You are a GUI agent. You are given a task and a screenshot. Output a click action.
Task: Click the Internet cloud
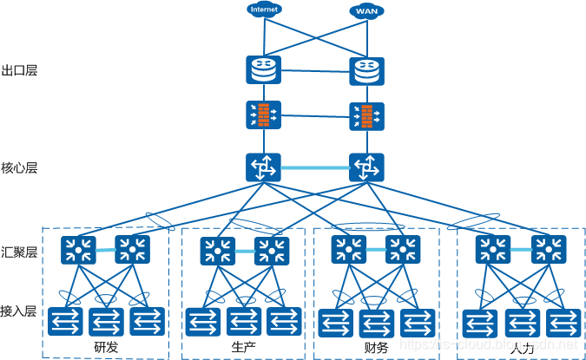tap(264, 10)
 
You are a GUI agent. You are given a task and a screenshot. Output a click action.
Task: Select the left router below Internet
tap(263, 69)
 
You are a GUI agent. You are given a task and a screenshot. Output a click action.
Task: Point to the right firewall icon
tap(366, 116)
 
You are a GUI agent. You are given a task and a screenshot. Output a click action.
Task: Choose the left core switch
tap(263, 167)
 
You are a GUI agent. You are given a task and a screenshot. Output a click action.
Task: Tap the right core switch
tap(366, 167)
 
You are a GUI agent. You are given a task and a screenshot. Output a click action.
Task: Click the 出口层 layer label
tap(19, 70)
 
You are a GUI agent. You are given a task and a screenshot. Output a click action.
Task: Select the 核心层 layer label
tap(19, 167)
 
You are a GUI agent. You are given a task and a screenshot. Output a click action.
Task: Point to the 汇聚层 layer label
tap(19, 252)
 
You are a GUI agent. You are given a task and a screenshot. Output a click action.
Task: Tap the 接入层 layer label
tap(19, 310)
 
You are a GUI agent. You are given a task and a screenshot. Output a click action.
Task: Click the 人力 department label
tap(522, 349)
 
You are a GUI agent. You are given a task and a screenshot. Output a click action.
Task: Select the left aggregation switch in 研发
tap(79, 250)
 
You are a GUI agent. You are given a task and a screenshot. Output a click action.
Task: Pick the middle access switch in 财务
tap(378, 322)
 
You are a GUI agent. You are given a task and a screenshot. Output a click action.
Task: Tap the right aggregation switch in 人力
tap(548, 251)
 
